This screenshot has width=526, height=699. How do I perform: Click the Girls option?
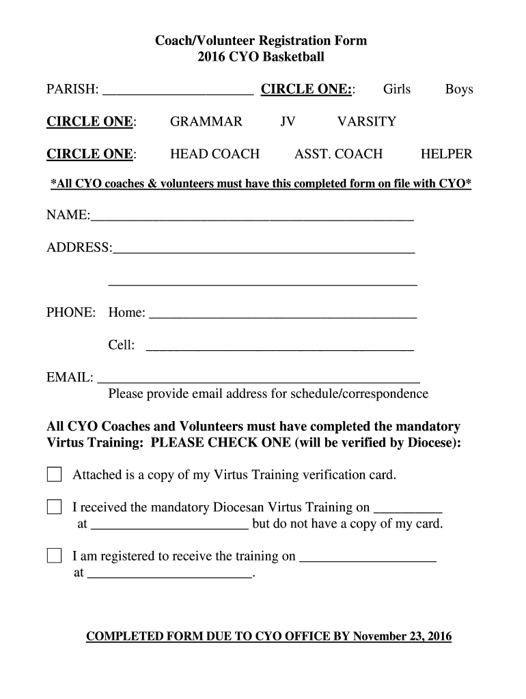tap(396, 89)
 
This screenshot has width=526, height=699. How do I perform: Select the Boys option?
tap(459, 89)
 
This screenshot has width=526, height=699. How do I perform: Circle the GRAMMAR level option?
tap(206, 122)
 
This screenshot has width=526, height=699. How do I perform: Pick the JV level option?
tap(288, 122)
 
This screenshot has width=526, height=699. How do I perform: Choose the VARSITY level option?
tap(366, 122)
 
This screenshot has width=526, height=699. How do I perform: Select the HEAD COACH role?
tap(214, 154)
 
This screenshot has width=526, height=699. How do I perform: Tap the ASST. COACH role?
tap(338, 154)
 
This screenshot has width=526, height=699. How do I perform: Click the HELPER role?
tap(446, 154)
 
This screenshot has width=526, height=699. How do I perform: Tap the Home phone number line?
tap(282, 315)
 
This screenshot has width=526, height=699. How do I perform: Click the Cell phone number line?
tap(280, 347)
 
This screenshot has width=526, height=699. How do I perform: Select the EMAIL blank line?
tap(259, 379)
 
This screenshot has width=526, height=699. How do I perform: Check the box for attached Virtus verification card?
tap(54, 474)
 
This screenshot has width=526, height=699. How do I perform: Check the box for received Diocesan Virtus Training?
tap(54, 507)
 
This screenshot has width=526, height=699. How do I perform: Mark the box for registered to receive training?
tap(54, 556)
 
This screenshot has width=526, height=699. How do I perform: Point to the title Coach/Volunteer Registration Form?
tap(263, 41)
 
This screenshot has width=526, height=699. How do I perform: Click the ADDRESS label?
tap(78, 248)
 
